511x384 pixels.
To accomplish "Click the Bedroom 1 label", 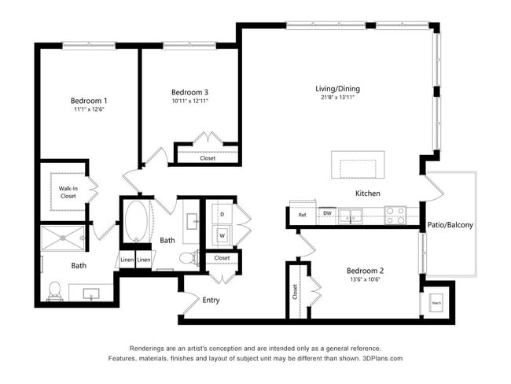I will (x=89, y=101).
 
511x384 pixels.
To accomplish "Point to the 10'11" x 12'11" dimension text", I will (x=189, y=101).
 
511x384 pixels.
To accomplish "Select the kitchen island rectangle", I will (x=358, y=166).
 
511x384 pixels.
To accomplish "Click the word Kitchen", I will (x=367, y=194).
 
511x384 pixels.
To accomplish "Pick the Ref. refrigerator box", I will (x=302, y=215).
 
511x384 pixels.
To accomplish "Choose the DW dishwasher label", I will (x=326, y=212).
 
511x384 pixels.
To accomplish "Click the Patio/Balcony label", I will (x=450, y=226).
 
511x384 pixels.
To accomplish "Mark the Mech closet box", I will (x=436, y=301).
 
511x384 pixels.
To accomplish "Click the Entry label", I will (x=211, y=300).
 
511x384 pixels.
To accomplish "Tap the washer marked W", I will (x=222, y=234).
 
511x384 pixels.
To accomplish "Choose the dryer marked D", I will (x=222, y=214).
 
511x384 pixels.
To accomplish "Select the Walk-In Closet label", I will (x=68, y=192).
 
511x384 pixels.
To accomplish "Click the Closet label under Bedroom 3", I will (x=208, y=158).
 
